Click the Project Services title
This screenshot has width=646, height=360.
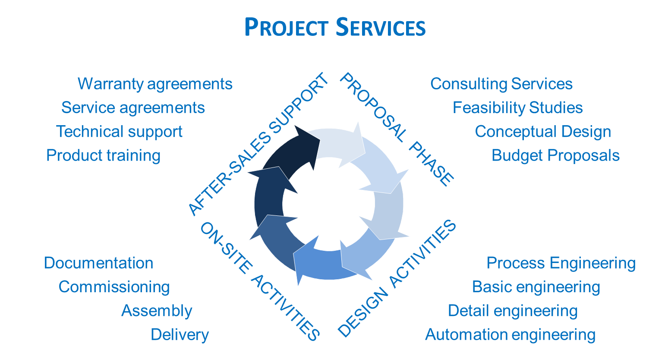[335, 28]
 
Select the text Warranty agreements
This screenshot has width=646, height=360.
[155, 84]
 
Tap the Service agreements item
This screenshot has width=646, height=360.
[133, 108]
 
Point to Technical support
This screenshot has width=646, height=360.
[120, 132]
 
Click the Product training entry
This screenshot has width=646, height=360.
[104, 155]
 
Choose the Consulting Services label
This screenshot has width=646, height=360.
[501, 84]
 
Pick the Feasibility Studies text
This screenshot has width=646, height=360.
[517, 108]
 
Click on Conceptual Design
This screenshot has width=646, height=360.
[543, 132]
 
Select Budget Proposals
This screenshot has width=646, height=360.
[555, 155]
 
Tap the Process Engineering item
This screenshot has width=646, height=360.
[561, 263]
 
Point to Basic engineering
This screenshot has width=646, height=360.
[536, 287]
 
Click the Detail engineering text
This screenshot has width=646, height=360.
[513, 311]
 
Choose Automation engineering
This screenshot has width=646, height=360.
[510, 335]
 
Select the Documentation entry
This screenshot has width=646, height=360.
[99, 263]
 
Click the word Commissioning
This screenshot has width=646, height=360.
[114, 287]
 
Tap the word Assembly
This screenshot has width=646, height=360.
[157, 311]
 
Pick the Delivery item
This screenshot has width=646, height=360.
[180, 335]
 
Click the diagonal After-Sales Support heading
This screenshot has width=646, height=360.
[258, 145]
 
